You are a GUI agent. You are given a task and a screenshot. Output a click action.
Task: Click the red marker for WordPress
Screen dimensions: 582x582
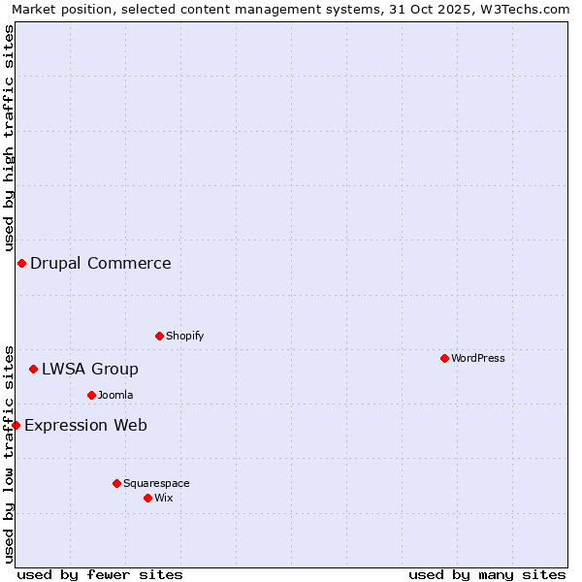[444, 358]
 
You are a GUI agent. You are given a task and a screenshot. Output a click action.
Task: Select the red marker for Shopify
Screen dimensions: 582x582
[159, 336]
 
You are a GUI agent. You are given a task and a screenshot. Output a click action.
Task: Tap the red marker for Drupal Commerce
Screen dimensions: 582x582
[21, 263]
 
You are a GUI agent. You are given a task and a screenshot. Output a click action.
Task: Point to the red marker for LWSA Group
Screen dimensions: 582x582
[33, 369]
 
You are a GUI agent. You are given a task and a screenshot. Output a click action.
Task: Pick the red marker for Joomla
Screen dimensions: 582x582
[91, 395]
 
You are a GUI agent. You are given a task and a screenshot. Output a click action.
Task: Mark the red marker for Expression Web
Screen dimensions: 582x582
[16, 425]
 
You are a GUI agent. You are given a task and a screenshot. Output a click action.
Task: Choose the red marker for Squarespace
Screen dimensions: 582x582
[116, 483]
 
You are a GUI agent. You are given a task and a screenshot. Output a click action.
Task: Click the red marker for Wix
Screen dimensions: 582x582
[147, 498]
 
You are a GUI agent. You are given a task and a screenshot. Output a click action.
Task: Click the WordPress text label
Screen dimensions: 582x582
[478, 358]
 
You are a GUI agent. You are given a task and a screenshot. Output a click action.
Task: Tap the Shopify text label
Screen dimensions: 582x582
[185, 336]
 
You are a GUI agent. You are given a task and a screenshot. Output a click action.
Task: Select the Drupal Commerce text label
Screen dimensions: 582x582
[101, 263]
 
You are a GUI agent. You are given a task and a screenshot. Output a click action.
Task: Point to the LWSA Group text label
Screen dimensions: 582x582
[90, 369]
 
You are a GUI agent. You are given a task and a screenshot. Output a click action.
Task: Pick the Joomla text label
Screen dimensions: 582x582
[115, 395]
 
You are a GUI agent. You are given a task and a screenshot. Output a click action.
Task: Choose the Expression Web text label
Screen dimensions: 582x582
[85, 425]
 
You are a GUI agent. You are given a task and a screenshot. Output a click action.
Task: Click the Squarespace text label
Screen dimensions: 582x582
[156, 483]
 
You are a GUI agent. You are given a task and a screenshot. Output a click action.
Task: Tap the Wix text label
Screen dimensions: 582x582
[164, 498]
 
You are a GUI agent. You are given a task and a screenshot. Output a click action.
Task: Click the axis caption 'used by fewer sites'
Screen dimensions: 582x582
[100, 574]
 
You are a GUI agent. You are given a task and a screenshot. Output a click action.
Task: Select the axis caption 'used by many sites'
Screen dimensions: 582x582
[487, 574]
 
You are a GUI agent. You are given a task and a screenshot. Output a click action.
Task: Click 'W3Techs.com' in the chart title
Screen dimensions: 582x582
[530, 9]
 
